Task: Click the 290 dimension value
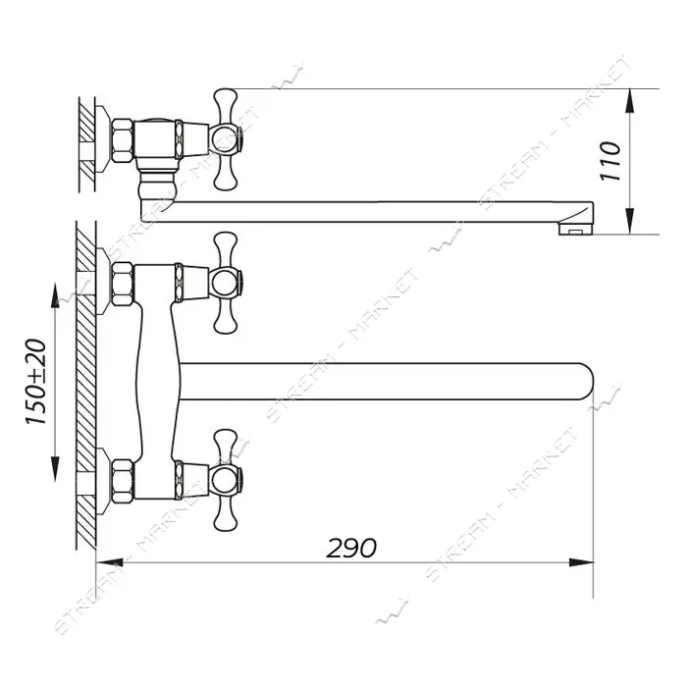(x=351, y=548)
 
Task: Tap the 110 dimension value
(x=610, y=161)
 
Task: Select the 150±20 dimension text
(x=36, y=381)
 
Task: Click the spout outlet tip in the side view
(x=576, y=230)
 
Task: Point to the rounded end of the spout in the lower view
(x=585, y=381)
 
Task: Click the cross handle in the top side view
(x=226, y=139)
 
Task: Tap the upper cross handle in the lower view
(x=226, y=283)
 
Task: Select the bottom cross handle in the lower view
(x=226, y=480)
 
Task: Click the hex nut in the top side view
(x=123, y=140)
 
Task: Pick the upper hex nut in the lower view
(x=123, y=284)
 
